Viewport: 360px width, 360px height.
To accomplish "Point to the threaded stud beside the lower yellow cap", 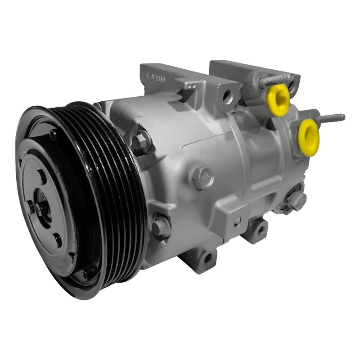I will click(x=331, y=119).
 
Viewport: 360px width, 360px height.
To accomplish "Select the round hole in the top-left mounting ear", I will click(x=227, y=95).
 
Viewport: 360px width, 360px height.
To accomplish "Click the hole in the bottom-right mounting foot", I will click(x=260, y=231).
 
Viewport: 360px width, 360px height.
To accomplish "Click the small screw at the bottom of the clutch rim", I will click(x=85, y=273).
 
